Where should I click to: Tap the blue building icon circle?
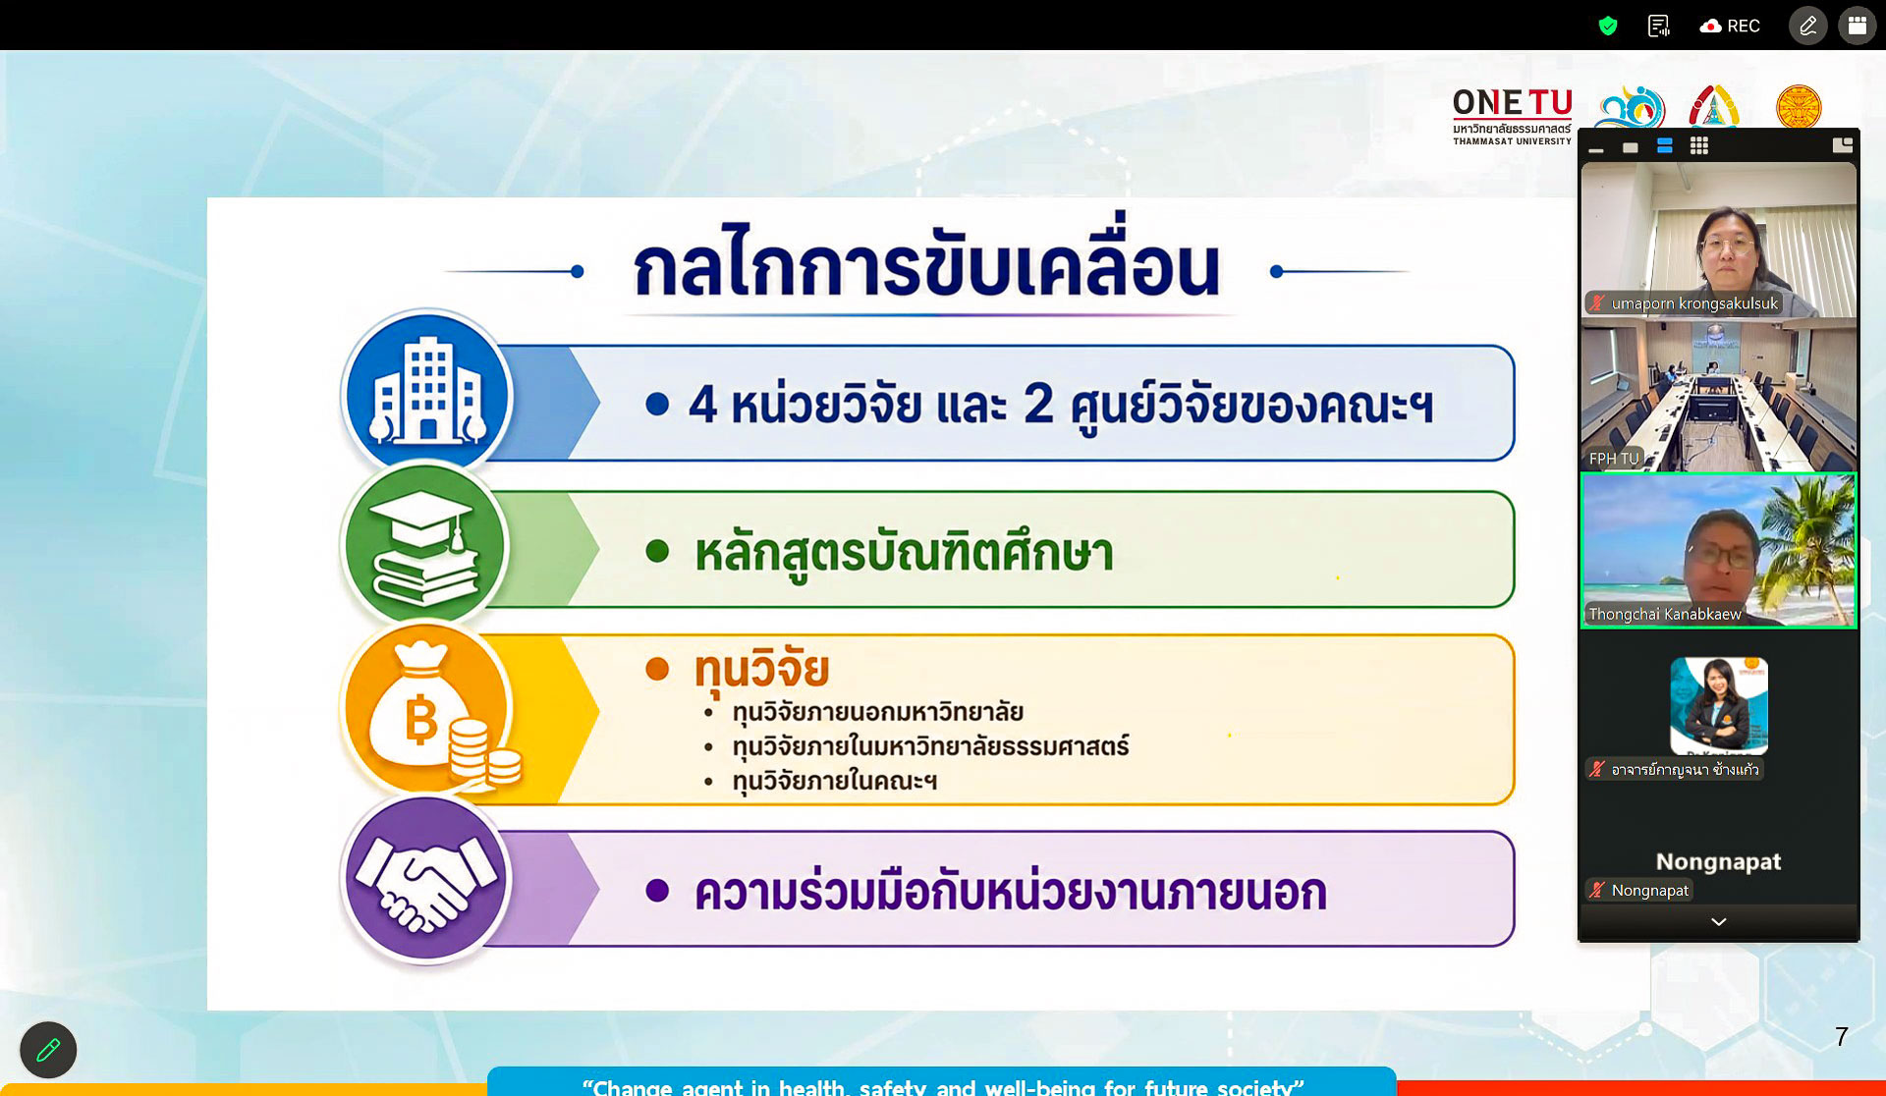tap(426, 394)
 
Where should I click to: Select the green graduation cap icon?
tap(424, 546)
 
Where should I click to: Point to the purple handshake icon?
tap(425, 878)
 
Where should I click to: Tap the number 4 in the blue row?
tap(702, 404)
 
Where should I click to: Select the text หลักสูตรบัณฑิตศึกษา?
tap(904, 553)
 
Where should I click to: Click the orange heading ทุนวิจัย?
tap(761, 669)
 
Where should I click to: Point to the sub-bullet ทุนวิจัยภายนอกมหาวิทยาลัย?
tap(878, 712)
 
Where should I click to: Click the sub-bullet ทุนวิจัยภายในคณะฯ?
tap(834, 781)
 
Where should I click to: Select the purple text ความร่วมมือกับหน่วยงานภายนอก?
tap(1011, 892)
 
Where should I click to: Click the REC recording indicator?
tap(1730, 26)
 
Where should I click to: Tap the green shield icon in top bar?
tap(1608, 26)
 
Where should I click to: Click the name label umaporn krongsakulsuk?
tap(1694, 303)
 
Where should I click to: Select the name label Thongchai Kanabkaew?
tap(1665, 614)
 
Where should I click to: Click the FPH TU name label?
tap(1614, 459)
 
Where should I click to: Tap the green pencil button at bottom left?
tap(48, 1050)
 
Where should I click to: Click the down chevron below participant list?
tap(1719, 922)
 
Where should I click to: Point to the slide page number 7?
tap(1842, 1036)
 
